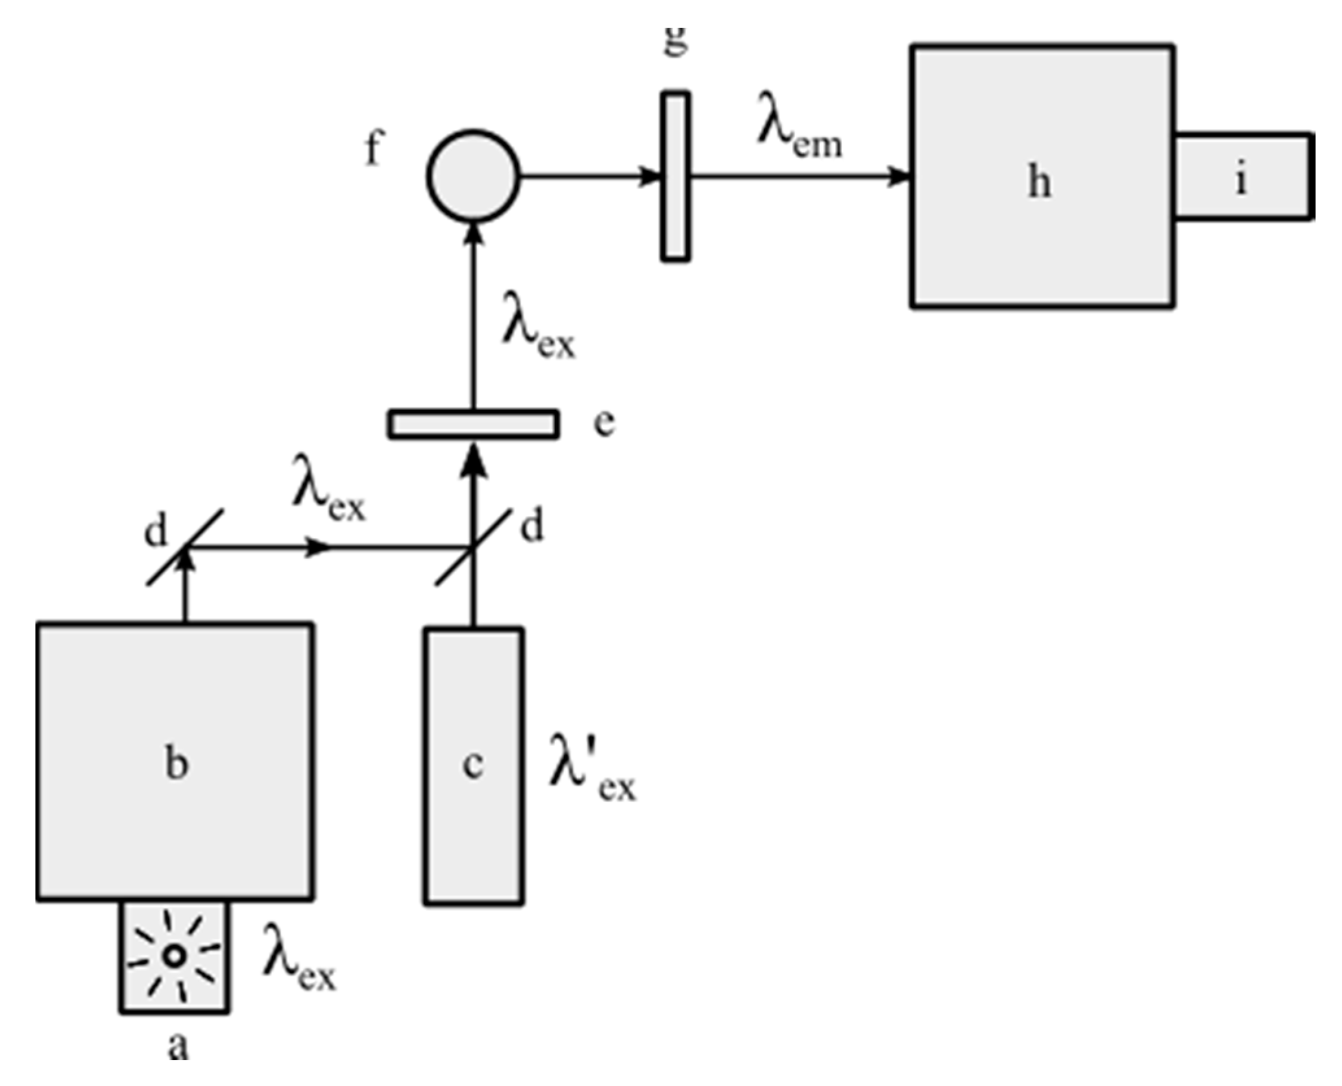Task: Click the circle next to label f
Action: coord(473,175)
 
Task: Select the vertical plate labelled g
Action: coord(675,177)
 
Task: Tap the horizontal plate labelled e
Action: coord(473,425)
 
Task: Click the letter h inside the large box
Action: coord(1040,182)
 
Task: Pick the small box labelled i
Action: coord(1243,177)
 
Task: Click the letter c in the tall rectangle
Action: coord(473,764)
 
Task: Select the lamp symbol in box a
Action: coord(174,955)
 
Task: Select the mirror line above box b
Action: coord(185,547)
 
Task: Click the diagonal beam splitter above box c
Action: coord(473,547)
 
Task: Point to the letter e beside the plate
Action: coord(604,425)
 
